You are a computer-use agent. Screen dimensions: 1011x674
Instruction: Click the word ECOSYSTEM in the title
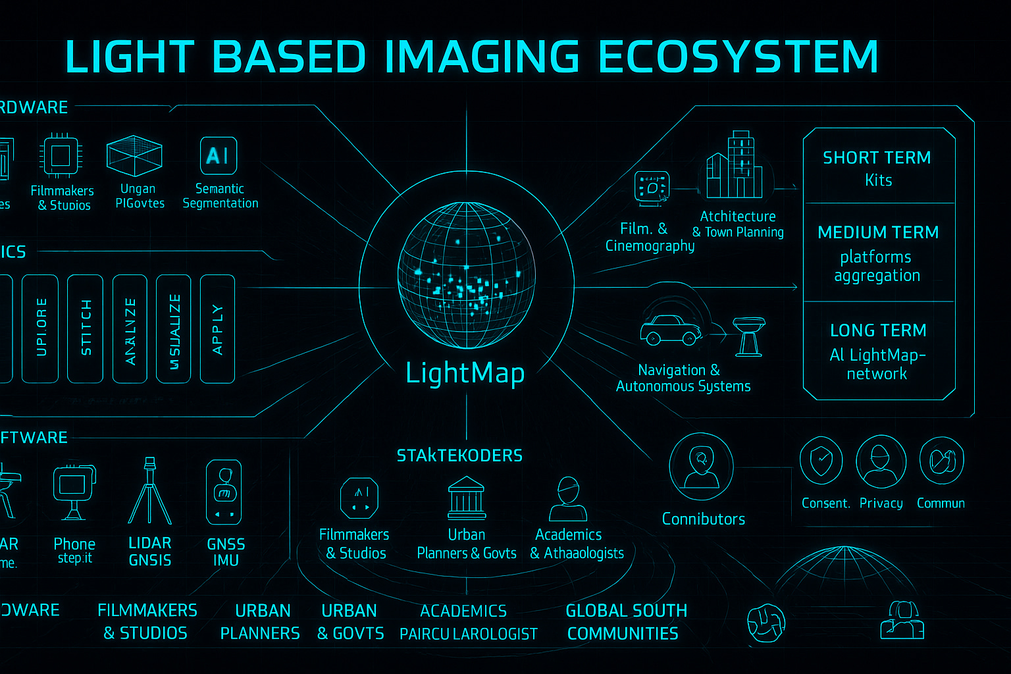click(739, 57)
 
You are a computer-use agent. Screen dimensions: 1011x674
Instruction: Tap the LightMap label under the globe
click(465, 373)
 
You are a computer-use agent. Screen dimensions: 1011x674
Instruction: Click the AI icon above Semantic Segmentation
click(218, 156)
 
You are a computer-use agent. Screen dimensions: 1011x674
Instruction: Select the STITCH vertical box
click(86, 328)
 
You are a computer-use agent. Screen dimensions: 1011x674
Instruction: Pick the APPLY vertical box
click(217, 328)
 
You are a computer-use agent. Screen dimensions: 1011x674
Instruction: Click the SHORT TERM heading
click(877, 158)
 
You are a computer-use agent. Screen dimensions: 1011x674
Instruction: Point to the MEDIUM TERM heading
click(878, 232)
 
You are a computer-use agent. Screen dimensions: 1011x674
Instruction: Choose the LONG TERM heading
click(878, 330)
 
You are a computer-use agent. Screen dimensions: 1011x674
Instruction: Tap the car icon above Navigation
click(671, 330)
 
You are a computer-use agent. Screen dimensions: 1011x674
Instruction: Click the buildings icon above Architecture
click(734, 167)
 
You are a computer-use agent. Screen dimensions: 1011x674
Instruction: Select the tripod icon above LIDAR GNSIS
click(150, 492)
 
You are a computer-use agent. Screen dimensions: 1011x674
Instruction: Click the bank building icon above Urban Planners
click(466, 498)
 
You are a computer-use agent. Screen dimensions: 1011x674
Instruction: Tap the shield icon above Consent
click(821, 460)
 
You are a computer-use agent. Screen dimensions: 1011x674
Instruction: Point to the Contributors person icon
click(701, 465)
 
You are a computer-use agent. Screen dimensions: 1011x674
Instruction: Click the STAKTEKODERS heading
click(459, 455)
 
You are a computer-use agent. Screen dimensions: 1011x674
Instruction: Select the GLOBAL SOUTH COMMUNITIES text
click(625, 622)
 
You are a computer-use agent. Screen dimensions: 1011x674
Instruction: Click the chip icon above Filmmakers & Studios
click(61, 156)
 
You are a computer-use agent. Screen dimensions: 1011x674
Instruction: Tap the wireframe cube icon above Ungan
click(135, 155)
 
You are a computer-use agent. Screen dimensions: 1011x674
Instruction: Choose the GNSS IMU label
click(226, 552)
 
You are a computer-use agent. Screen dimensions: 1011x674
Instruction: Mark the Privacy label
click(881, 504)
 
